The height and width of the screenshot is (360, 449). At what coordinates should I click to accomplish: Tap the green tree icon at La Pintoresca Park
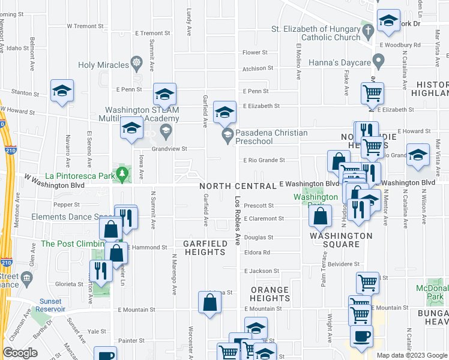(123, 175)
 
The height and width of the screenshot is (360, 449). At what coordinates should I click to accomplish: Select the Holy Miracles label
(104, 65)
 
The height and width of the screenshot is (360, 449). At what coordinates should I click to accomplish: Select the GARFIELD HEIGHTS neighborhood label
(205, 248)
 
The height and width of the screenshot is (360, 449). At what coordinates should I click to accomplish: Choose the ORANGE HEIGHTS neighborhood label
(270, 294)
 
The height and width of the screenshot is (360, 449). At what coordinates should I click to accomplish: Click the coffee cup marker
(361, 337)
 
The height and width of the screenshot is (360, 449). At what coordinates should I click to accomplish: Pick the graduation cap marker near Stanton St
(62, 91)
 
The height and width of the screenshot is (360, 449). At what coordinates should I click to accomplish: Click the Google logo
(20, 353)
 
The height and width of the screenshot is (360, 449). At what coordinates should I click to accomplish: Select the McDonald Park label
(433, 292)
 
